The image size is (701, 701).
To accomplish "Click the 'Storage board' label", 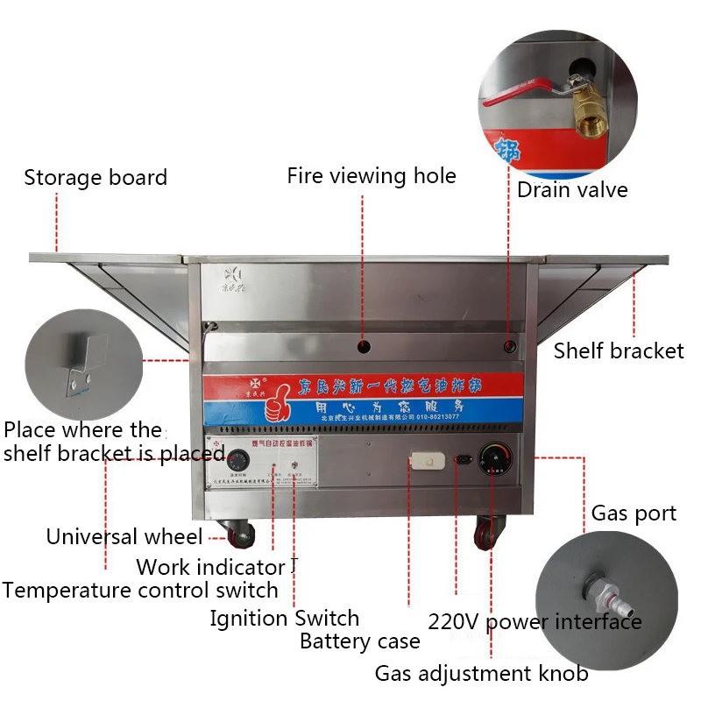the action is click(96, 178).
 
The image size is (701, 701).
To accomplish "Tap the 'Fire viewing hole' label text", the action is click(372, 175).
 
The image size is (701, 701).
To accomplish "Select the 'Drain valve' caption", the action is click(572, 189).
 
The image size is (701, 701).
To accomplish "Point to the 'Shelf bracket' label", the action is click(619, 351).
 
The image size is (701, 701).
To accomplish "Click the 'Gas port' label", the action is click(634, 513).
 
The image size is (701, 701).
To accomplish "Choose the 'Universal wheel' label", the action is click(124, 536).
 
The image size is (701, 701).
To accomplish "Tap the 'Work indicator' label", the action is click(211, 567).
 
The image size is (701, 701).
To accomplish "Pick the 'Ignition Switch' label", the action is click(285, 619).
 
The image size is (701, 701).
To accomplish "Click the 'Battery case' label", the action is click(360, 641).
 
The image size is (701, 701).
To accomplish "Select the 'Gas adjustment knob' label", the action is click(482, 674).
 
